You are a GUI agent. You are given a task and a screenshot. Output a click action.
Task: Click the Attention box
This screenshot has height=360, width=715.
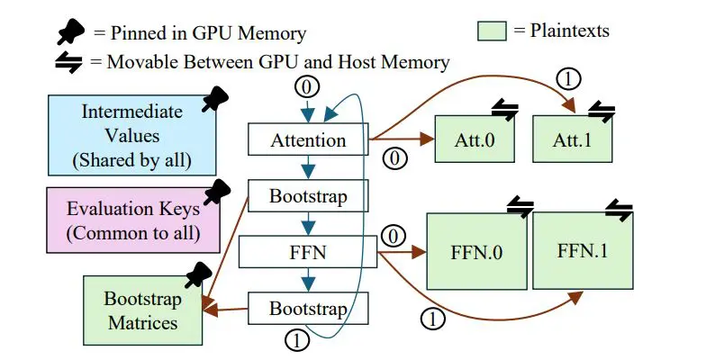309,140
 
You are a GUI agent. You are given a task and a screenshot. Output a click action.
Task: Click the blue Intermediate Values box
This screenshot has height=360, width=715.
131,137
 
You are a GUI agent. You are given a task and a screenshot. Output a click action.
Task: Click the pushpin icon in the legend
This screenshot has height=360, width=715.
69,33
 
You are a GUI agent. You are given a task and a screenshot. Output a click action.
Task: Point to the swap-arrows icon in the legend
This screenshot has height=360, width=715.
68,62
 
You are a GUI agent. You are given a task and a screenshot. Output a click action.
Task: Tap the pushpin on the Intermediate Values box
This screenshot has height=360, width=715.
213,100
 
